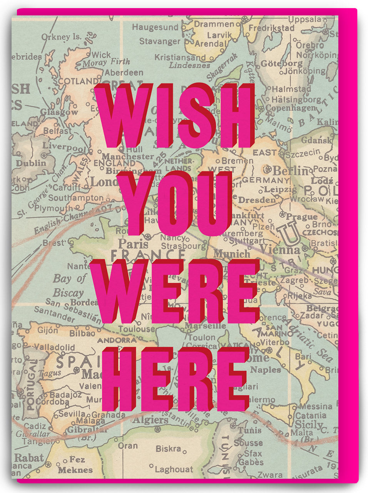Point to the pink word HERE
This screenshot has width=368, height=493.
(x=175, y=379)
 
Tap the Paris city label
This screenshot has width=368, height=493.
(x=127, y=243)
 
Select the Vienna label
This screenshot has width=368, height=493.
(x=285, y=250)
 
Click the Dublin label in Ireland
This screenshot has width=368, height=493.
(x=30, y=163)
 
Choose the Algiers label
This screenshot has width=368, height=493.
(x=151, y=420)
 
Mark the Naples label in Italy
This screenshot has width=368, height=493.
(x=266, y=370)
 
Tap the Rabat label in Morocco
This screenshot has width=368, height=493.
(x=29, y=458)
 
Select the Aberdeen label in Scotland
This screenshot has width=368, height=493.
(x=124, y=72)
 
